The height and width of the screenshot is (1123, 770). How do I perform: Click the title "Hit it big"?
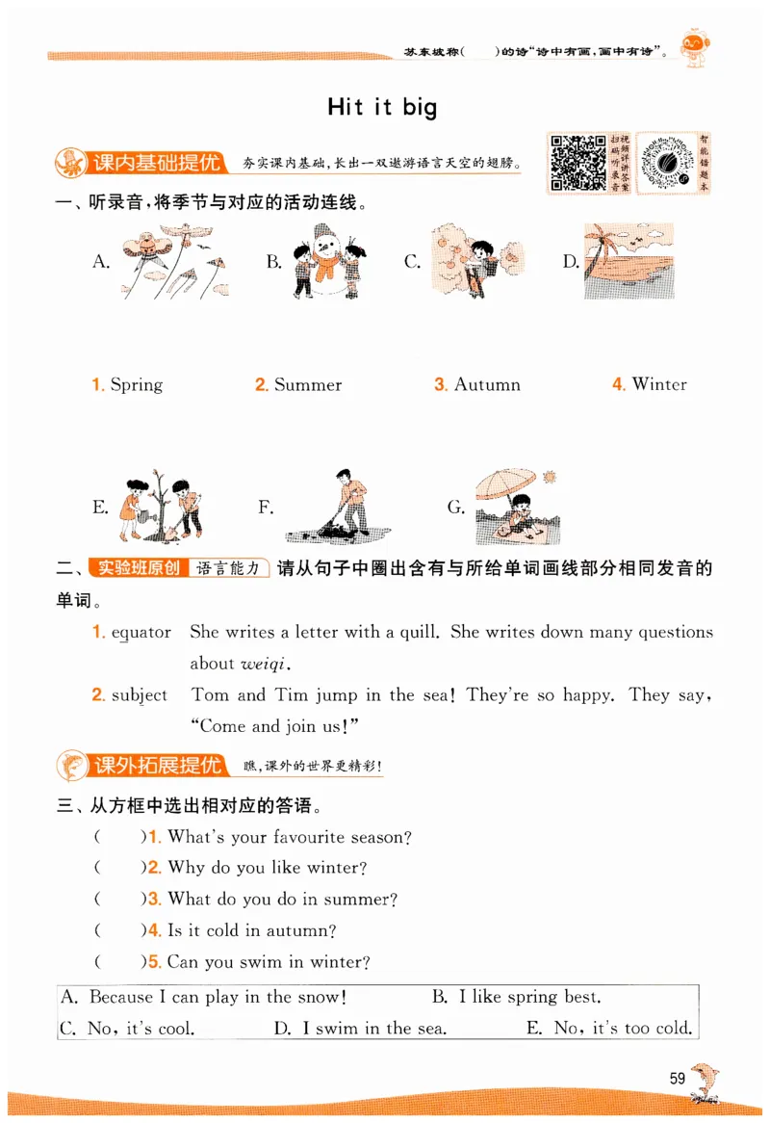382,106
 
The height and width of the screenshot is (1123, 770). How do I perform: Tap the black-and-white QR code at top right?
577,162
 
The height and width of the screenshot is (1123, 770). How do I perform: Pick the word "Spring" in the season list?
136,385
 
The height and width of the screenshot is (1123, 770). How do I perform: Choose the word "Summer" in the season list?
307,385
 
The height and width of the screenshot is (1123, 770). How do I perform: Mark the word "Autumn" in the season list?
486,385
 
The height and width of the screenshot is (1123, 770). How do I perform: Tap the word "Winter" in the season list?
659,385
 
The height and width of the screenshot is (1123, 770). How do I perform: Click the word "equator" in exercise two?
141,633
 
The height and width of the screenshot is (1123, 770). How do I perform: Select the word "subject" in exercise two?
139,695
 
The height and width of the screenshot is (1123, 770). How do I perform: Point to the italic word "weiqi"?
265,664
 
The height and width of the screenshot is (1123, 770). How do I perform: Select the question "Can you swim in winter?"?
269,962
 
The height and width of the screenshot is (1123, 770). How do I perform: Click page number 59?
677,1078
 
